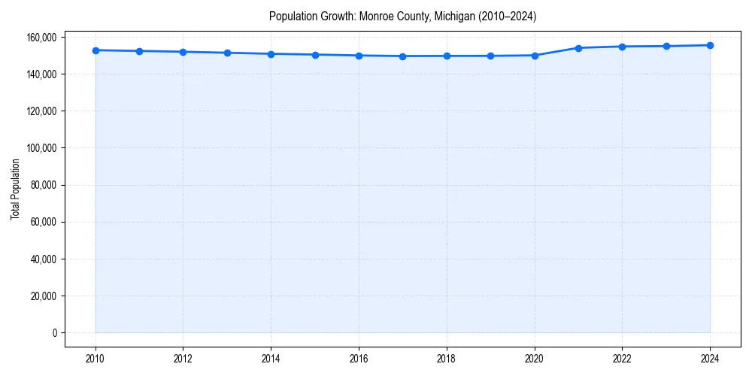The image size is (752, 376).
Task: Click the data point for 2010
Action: pos(96,50)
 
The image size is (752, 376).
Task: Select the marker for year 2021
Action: pos(578,48)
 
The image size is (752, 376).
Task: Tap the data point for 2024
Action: pos(710,45)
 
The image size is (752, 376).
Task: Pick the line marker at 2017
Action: pos(402,56)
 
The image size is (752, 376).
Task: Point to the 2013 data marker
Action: pos(227,53)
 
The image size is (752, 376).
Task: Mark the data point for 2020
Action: pos(535,56)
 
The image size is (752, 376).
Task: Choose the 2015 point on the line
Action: pos(315,55)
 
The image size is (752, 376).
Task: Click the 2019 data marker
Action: pos(490,56)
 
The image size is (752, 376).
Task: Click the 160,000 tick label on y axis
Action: pos(42,38)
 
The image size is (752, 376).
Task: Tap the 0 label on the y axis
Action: pos(53,333)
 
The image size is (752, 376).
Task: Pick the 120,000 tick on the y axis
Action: pos(42,111)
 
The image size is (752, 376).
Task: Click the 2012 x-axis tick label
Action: pos(183,359)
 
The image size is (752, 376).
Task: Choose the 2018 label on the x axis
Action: pos(447,359)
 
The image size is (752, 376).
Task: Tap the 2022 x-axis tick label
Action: pos(622,359)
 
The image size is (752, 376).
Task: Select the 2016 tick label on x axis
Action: pos(359,359)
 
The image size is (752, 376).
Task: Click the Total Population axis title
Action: pos(15,189)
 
